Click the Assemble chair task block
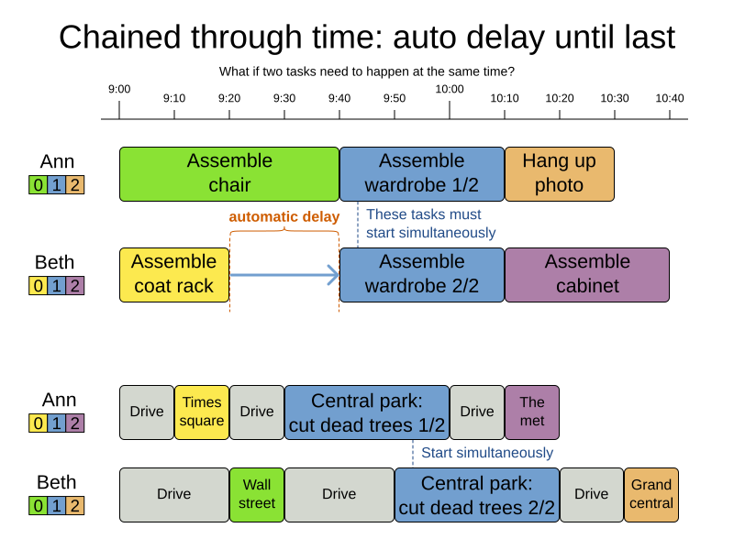229,173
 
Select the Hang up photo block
559,173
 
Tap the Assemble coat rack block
174,274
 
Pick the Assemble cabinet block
586,274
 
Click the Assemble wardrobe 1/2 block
421,173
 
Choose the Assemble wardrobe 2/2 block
421,274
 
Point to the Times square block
202,412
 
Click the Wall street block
257,494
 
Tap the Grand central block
651,494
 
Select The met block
531,412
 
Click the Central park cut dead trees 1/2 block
366,412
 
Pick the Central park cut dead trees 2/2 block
476,494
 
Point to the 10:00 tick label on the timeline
450,89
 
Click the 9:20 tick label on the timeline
229,98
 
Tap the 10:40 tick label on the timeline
669,98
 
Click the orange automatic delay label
284,217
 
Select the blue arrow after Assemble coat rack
284,274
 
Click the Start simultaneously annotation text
487,453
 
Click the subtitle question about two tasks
366,71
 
